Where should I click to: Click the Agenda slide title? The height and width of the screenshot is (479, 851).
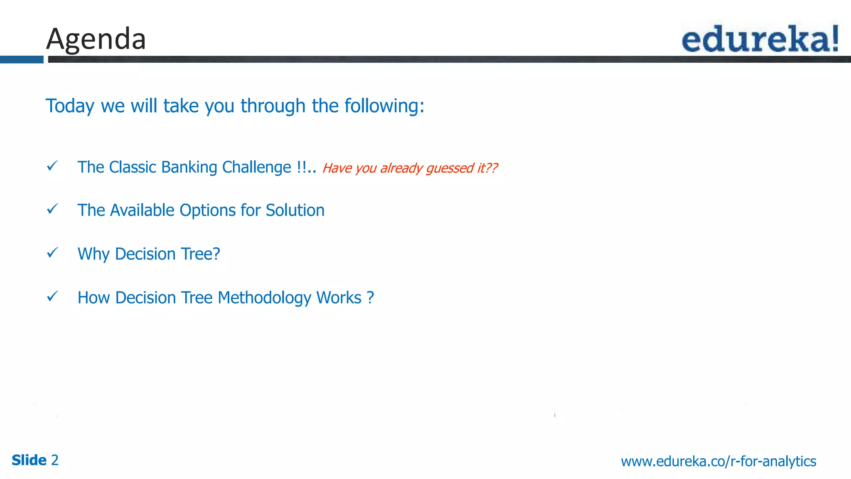(96, 39)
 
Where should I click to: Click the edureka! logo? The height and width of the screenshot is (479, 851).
(760, 39)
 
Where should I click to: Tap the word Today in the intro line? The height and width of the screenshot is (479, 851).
(70, 106)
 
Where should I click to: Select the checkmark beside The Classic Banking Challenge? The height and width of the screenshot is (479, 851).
(52, 166)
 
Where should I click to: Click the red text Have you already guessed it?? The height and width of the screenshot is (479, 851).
(410, 168)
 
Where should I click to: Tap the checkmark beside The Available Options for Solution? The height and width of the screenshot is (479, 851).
(52, 209)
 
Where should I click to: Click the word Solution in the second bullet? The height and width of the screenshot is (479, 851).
(295, 210)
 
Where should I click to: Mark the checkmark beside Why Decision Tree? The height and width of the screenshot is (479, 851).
(52, 252)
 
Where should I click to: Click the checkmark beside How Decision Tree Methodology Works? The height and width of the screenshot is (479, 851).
(52, 296)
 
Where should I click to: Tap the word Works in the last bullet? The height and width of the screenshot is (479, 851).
(339, 298)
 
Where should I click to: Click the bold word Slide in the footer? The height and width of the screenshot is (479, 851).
(29, 460)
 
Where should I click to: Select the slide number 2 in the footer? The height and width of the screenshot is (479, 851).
(55, 460)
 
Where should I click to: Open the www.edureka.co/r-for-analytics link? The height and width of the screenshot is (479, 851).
(718, 461)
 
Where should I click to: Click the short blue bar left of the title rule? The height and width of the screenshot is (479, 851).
(22, 59)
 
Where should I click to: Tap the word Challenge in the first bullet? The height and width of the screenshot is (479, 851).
(256, 167)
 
